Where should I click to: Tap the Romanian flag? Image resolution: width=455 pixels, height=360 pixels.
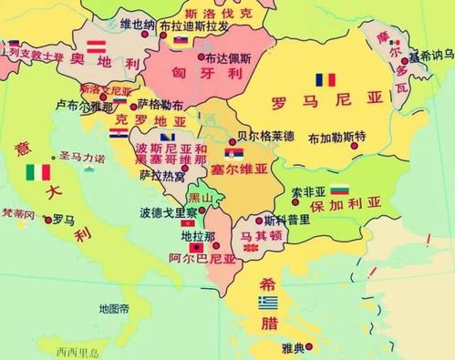coord(325,79)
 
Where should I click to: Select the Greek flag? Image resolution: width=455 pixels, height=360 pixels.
coord(267,302)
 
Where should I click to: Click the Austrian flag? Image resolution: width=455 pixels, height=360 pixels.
coord(96,43)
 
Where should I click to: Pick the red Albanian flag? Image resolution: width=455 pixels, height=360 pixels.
coord(195,247)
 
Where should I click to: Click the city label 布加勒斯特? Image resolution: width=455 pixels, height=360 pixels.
coord(336,139)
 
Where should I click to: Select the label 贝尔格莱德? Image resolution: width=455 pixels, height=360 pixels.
coord(265,137)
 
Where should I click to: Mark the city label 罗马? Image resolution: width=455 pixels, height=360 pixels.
coord(64,219)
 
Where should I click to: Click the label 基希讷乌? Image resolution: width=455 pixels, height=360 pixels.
coord(430,56)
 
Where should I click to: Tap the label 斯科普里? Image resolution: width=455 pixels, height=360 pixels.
coord(282,220)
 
